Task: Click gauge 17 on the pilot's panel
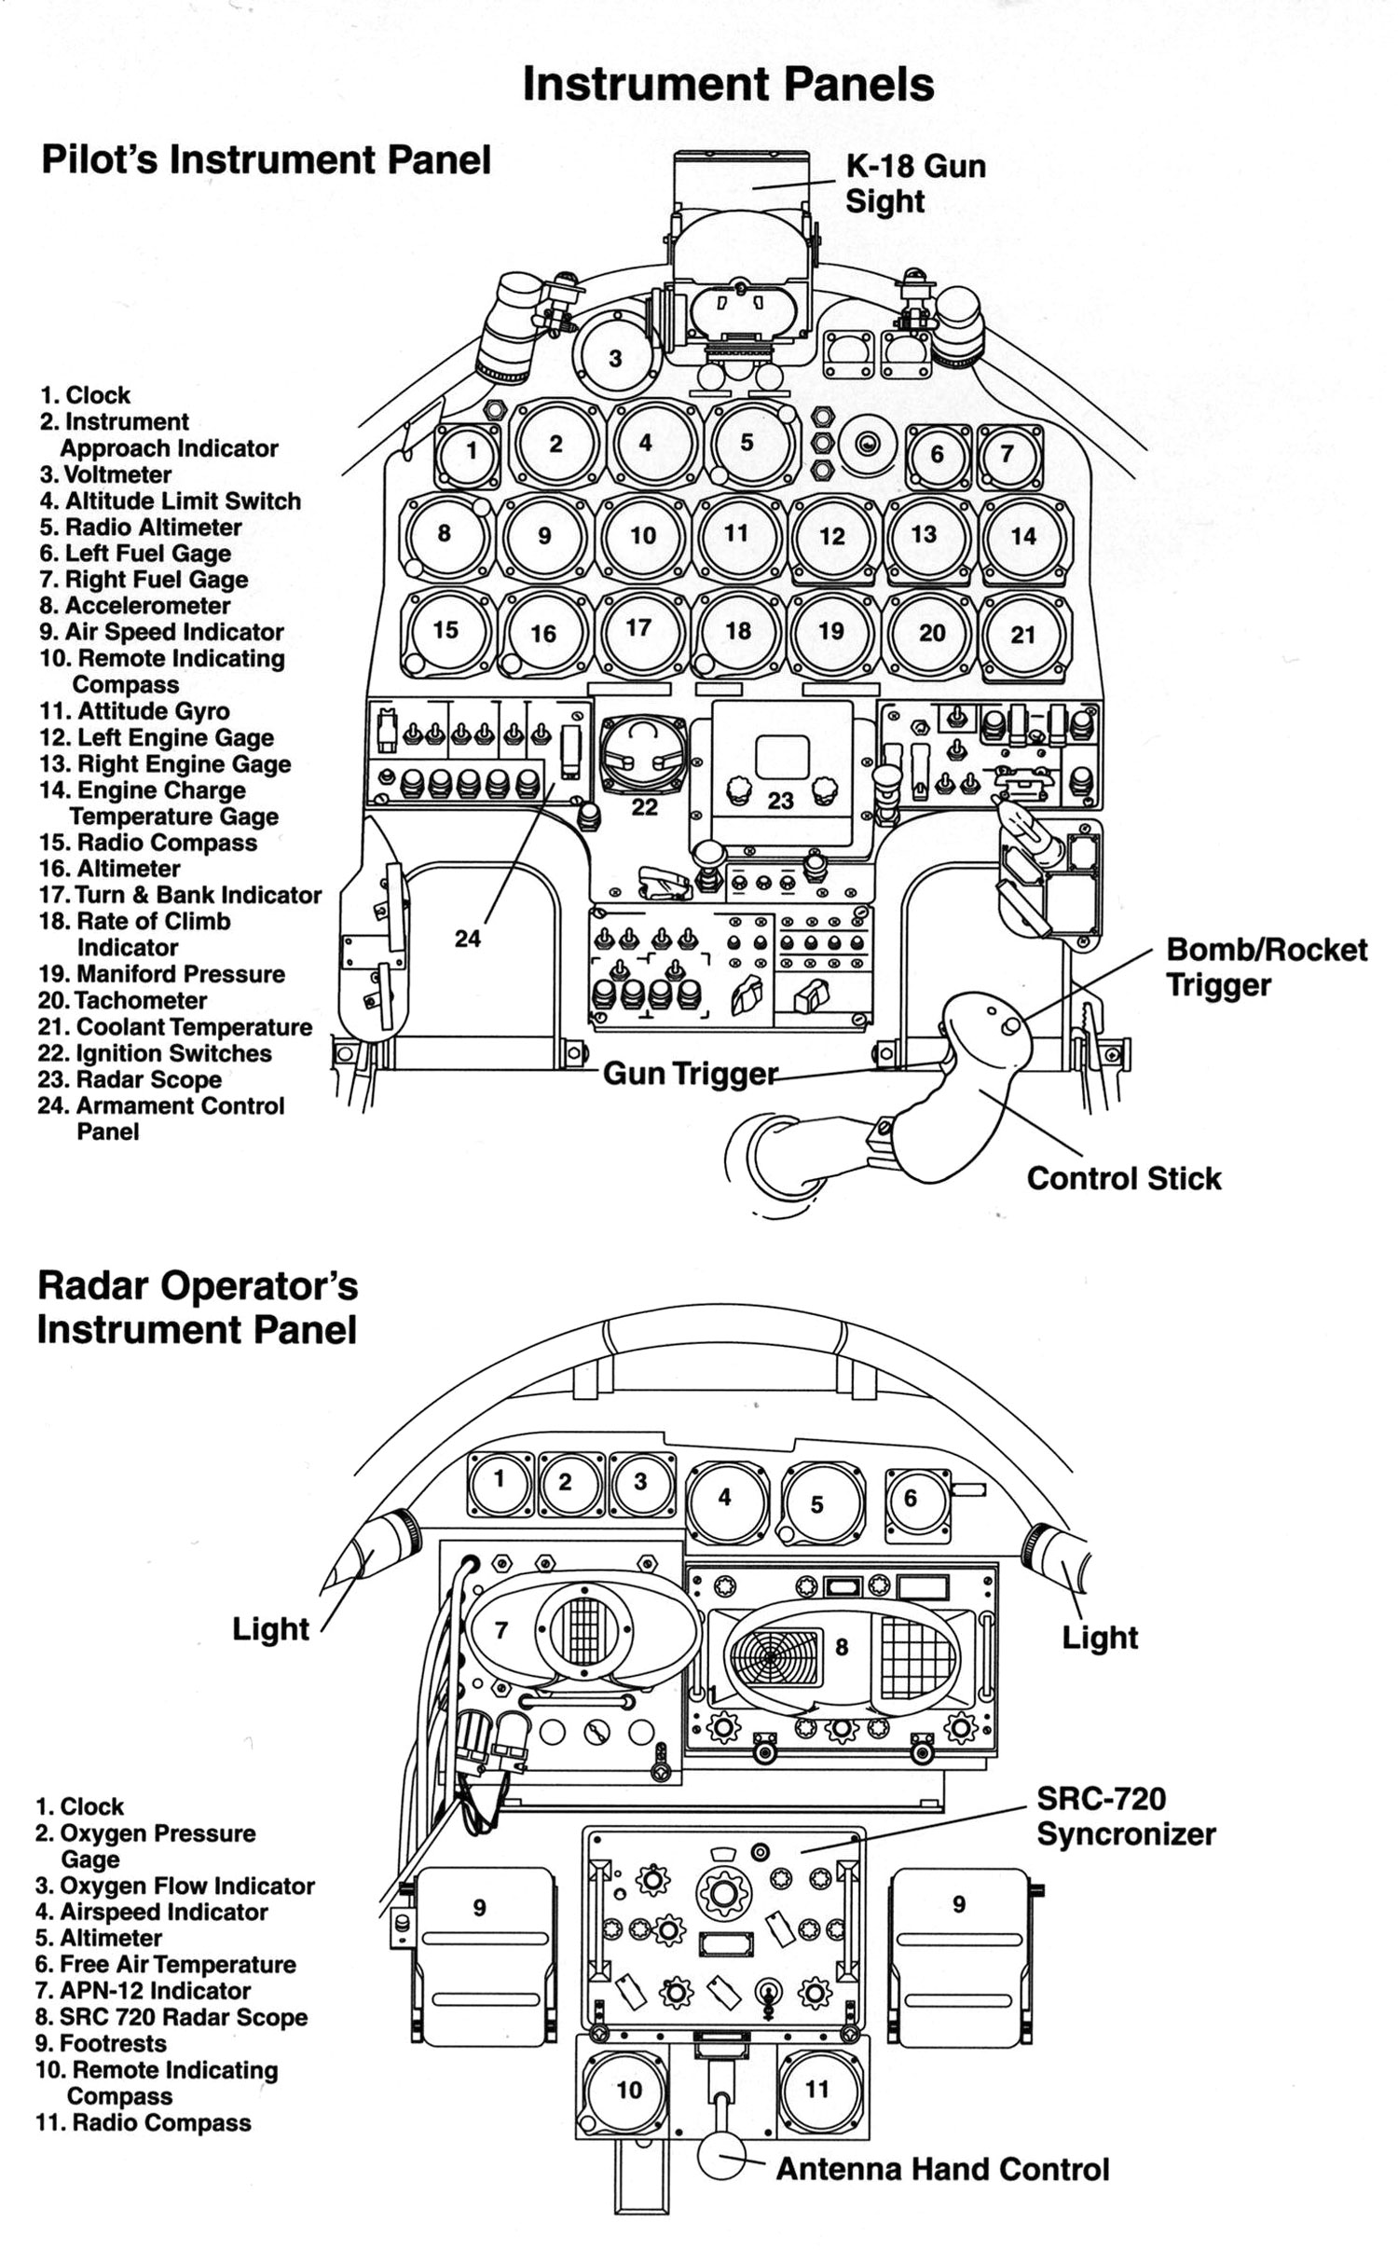[x=639, y=629]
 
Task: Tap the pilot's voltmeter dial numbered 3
[x=615, y=359]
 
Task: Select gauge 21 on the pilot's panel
[x=1023, y=634]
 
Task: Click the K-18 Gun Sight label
[x=913, y=184]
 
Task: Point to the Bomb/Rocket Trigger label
[x=1266, y=967]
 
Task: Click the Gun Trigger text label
[x=690, y=1074]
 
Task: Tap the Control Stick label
[x=1123, y=1178]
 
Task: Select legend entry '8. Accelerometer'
[x=134, y=606]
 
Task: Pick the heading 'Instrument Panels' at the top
[x=727, y=85]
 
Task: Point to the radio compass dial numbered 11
[x=816, y=2089]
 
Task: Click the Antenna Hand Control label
[x=941, y=2170]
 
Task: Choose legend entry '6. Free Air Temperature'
[x=166, y=1964]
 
